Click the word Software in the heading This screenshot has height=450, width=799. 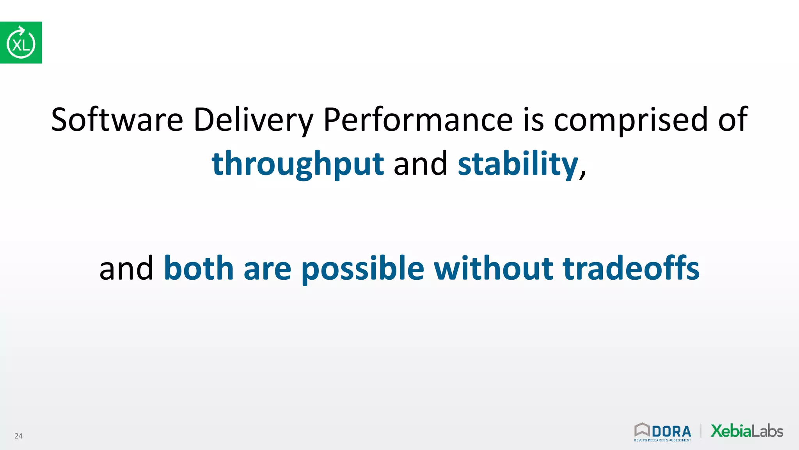coord(117,120)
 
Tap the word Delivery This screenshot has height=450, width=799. coord(253,120)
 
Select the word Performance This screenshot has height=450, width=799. coord(418,120)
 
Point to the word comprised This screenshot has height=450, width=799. coord(631,120)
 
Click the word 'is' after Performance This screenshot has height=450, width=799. coord(533,120)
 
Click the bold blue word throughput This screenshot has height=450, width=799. coord(298,164)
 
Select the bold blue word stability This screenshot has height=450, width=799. coord(518,164)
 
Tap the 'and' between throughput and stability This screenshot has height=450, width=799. coord(421,164)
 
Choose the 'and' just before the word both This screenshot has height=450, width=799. coord(126,268)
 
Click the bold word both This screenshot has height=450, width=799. coord(199,268)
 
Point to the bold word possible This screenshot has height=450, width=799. coord(362,269)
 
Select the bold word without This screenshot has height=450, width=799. coord(493,268)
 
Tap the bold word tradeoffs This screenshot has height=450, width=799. coord(631,268)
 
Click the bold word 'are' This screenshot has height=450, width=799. coord(267,269)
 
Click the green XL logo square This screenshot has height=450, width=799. coord(21,43)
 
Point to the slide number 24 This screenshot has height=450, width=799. coord(18,436)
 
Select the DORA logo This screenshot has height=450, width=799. coord(662,432)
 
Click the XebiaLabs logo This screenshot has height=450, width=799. coord(747,431)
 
